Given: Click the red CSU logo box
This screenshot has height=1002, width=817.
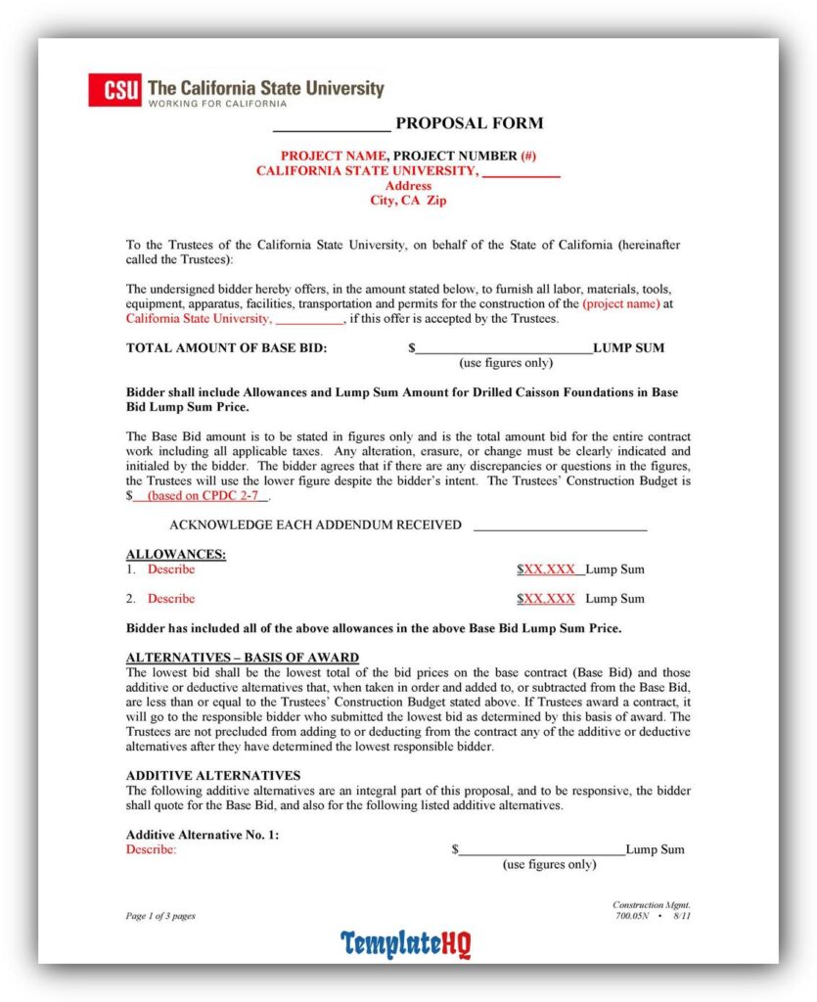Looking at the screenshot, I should (x=114, y=90).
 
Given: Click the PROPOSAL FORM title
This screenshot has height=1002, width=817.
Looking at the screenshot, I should (x=469, y=123).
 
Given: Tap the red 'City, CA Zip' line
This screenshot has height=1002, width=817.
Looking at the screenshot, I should (x=407, y=201).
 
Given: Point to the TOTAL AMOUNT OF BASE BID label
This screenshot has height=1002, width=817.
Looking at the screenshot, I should (x=227, y=348).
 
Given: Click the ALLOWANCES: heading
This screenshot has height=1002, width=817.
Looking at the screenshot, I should (x=176, y=555).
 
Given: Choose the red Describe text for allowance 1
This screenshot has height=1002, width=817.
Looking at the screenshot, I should (x=171, y=569).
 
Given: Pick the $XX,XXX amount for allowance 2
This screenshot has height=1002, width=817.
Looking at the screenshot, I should (x=546, y=599).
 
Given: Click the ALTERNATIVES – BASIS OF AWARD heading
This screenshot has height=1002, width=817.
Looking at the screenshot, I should (x=243, y=658).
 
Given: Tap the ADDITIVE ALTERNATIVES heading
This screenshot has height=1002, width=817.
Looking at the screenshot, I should (x=213, y=776).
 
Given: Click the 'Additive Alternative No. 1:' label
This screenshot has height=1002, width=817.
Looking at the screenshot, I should (x=203, y=835).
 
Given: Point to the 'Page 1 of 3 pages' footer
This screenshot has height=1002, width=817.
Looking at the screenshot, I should (x=160, y=916).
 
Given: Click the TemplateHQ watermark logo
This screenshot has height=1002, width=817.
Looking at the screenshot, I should (x=406, y=944).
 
